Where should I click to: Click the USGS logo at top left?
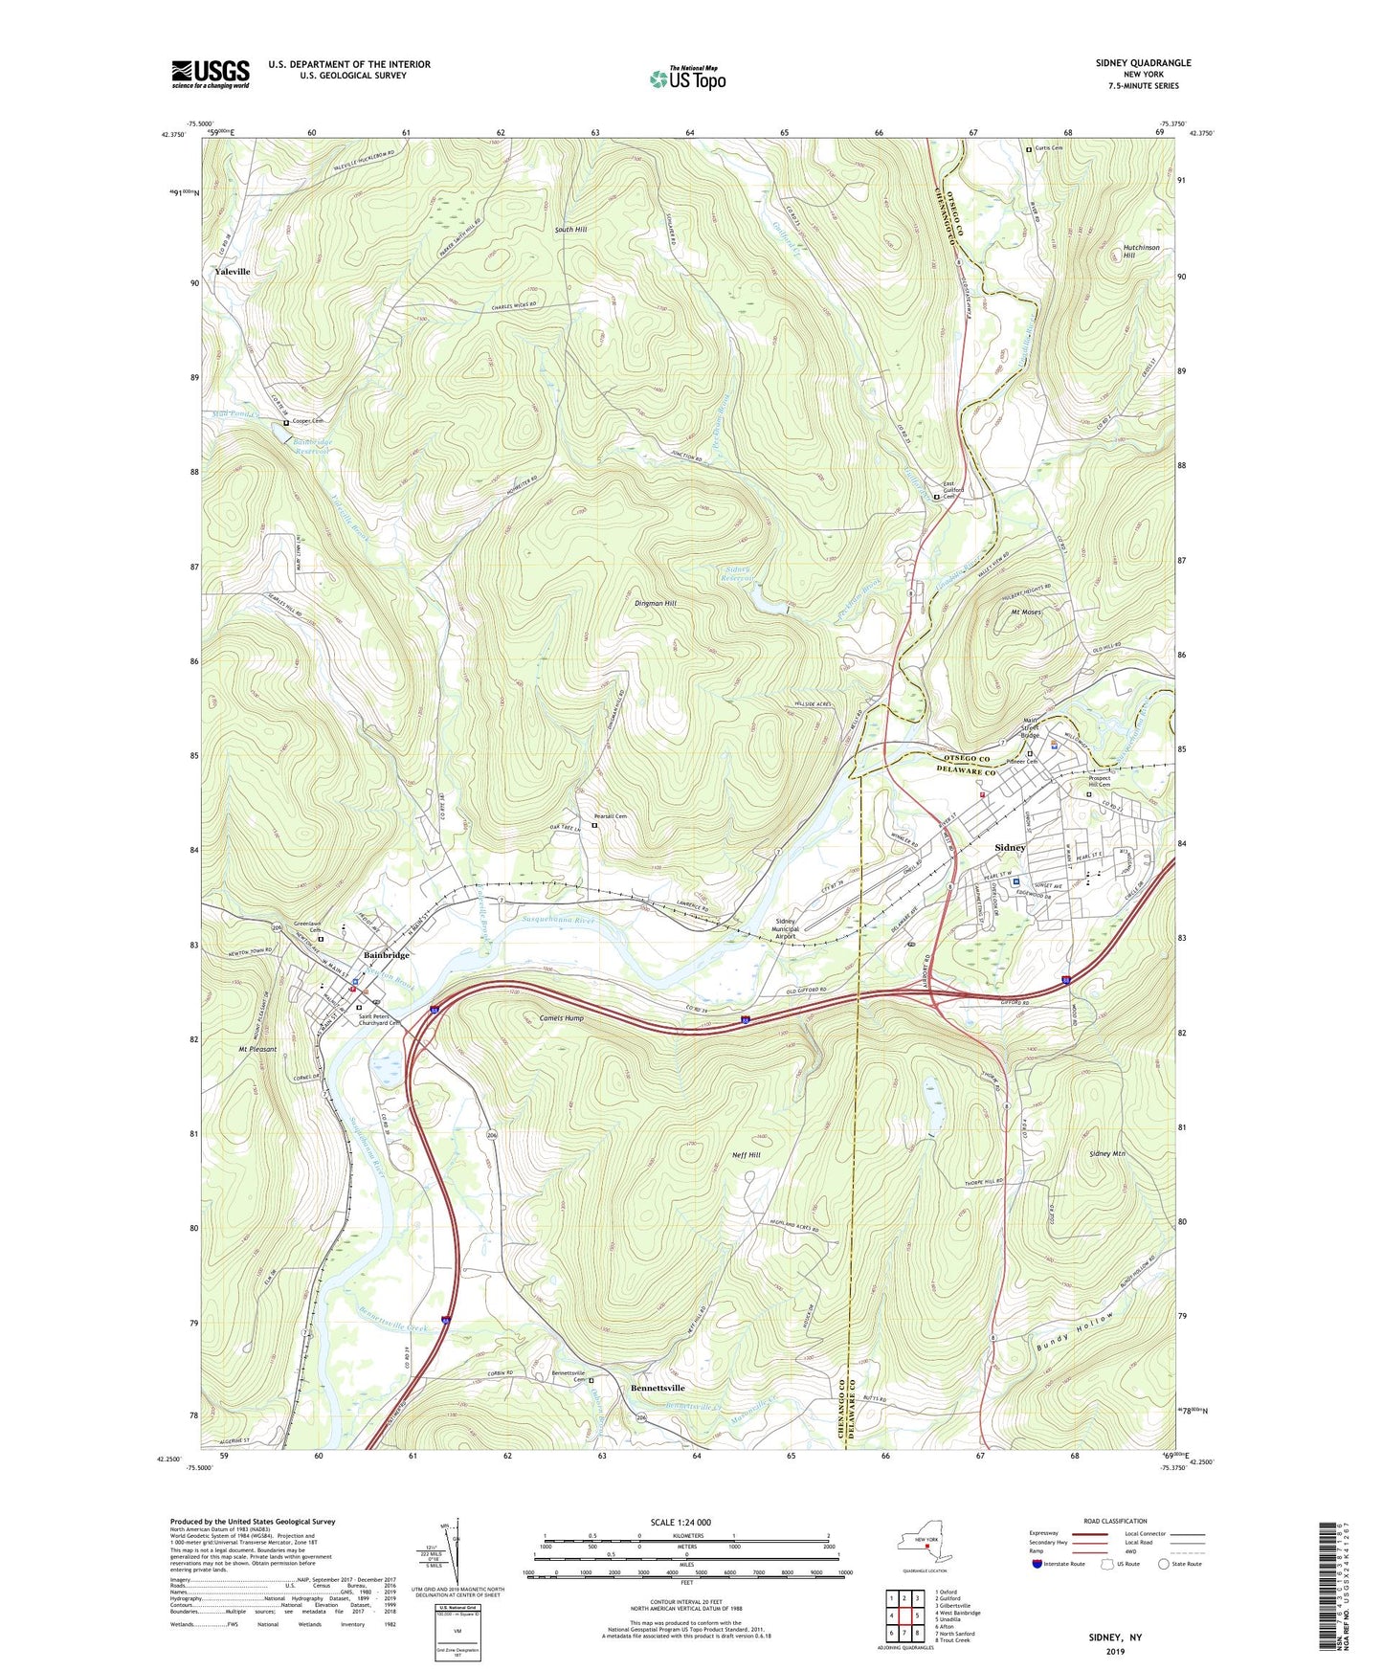coord(211,74)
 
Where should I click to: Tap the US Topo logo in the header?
coord(686,78)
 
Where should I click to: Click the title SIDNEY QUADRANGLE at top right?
coord(1143,63)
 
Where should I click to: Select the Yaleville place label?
coord(233,272)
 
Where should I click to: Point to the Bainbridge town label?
coord(387,955)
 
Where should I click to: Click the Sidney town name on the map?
coord(1010,847)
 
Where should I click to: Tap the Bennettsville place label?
coord(658,1388)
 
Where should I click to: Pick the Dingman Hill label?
coord(656,604)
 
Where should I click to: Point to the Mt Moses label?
coord(1026,612)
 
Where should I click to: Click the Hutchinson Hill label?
coord(1141,252)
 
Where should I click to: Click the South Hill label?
coord(571,230)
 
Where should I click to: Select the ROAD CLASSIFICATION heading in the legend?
coord(1115,1521)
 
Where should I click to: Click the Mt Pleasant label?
coord(257,1049)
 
